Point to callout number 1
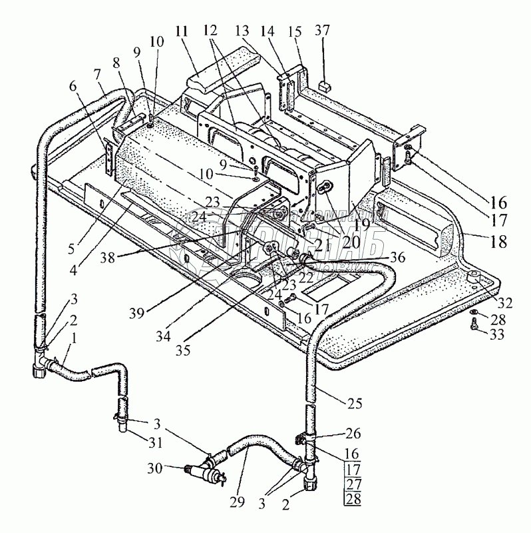click(74, 337)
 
